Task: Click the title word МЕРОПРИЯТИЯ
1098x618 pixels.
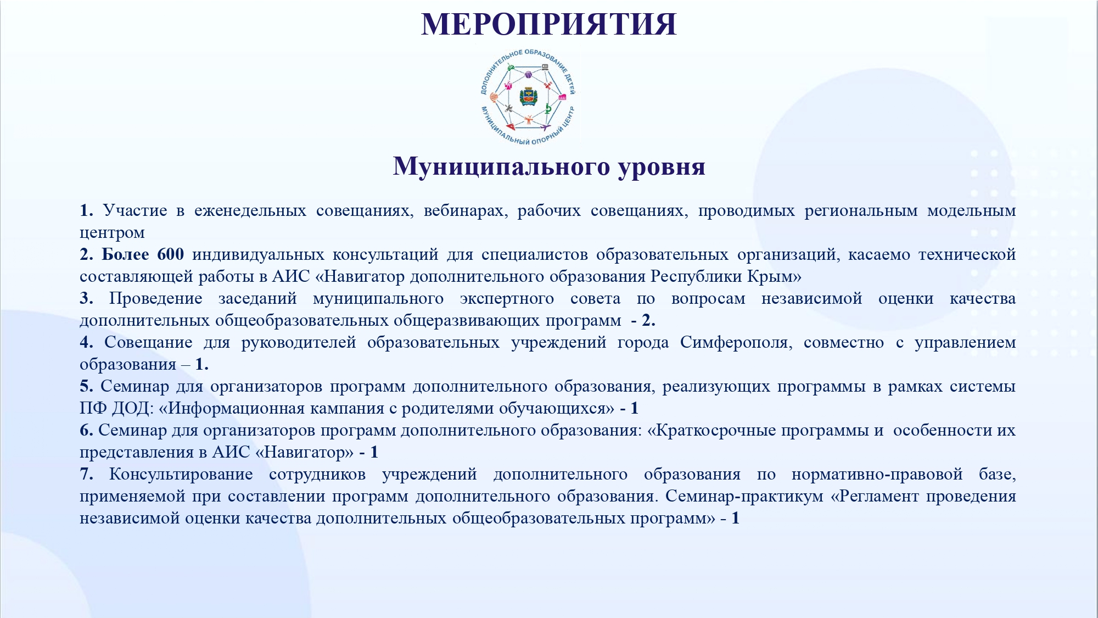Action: (x=549, y=24)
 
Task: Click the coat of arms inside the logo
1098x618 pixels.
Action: (x=528, y=97)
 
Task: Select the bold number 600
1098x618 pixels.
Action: (x=170, y=254)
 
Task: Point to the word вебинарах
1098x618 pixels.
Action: (x=465, y=210)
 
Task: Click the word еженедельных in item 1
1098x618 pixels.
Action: (x=250, y=211)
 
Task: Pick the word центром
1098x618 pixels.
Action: (x=112, y=233)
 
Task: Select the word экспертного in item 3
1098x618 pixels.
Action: (x=507, y=298)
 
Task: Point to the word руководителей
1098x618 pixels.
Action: (x=298, y=343)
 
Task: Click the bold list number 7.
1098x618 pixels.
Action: (x=86, y=474)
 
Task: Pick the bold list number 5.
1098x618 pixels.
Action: (x=86, y=386)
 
